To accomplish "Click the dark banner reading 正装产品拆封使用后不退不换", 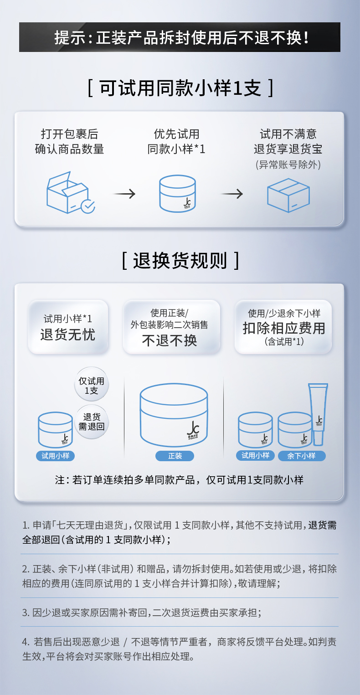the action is [180, 37].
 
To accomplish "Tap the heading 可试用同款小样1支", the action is [180, 88].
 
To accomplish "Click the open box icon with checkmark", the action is [70, 194].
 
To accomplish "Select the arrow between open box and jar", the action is [124, 194].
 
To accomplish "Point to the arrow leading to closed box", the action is [232, 194].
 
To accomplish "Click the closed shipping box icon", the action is [288, 195].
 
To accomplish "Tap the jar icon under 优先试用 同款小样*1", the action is [177, 193].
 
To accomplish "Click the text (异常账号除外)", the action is [288, 165].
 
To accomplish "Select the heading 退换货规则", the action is [180, 261].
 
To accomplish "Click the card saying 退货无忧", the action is [68, 326].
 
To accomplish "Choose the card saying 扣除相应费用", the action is [283, 326].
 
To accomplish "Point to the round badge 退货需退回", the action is [91, 422].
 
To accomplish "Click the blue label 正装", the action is [175, 456].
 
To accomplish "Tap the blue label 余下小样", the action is [301, 456].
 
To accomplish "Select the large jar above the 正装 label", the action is [174, 415].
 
